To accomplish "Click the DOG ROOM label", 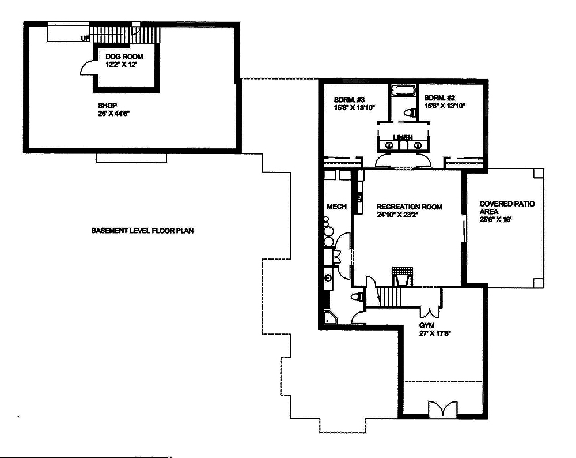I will tap(124, 57).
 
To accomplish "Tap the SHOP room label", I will tap(108, 106).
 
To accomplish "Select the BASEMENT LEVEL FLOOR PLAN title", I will tap(142, 231).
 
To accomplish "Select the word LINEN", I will tap(403, 137).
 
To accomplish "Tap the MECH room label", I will tap(337, 207).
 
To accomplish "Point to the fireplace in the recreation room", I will tap(402, 276).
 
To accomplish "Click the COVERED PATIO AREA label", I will tap(507, 208).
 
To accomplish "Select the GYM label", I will tap(427, 326).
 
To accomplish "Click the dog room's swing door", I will tap(86, 68).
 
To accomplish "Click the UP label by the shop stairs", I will tap(85, 39).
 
